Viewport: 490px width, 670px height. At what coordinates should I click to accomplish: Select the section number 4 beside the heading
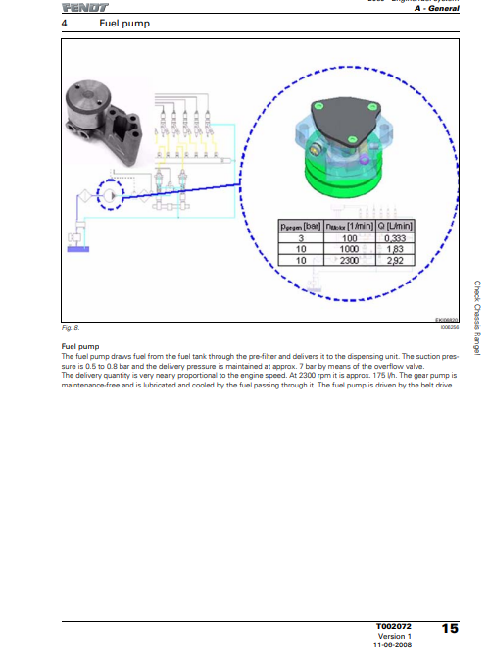(x=65, y=23)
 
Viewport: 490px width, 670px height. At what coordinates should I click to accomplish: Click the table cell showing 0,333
(x=396, y=238)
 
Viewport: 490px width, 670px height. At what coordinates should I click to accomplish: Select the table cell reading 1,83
(x=396, y=250)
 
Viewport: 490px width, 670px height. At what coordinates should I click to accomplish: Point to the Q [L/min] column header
(x=396, y=227)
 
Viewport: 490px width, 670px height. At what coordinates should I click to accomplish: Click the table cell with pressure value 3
(x=302, y=238)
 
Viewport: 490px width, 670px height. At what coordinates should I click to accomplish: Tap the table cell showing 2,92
(x=396, y=262)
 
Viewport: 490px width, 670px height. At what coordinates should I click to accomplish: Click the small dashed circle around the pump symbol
(x=114, y=196)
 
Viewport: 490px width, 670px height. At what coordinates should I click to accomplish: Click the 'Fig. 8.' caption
(x=70, y=327)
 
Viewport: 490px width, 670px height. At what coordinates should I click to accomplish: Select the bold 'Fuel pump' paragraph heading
(x=77, y=346)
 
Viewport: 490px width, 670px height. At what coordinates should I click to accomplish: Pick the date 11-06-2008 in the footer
(x=392, y=645)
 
